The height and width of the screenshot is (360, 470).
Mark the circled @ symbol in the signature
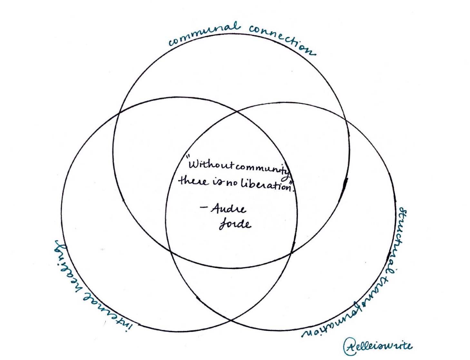coord(349,346)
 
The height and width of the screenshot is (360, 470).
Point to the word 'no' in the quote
coord(233,183)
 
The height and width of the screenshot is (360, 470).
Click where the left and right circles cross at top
coord(237,112)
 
